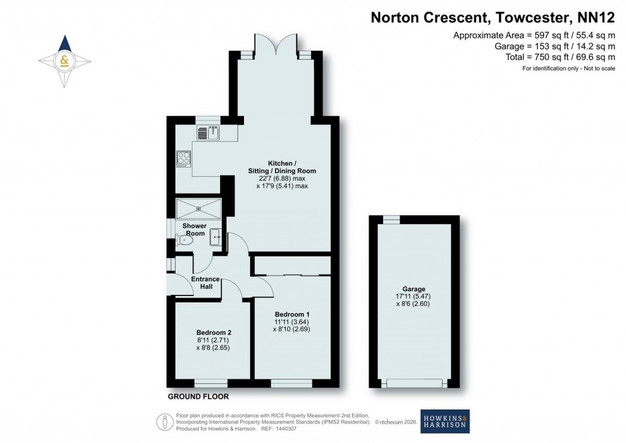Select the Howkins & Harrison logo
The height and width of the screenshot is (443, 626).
click(x=445, y=420)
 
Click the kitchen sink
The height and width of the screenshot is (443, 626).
click(x=209, y=132)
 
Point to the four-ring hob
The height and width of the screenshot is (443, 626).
click(x=183, y=159)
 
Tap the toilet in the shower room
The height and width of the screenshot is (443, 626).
click(x=184, y=241)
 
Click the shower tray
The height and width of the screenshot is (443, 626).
click(x=198, y=208)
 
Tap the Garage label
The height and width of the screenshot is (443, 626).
click(x=414, y=289)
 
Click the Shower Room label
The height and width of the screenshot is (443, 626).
click(x=195, y=229)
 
